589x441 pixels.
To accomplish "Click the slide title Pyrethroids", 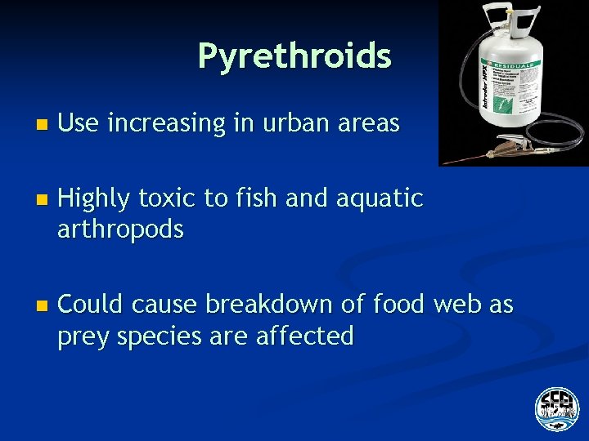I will click(294, 56).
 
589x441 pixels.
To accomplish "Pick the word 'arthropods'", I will click(120, 230).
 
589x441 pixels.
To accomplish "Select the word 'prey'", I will click(83, 336).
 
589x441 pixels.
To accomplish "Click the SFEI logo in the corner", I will click(556, 408).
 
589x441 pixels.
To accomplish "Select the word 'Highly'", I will click(93, 198).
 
